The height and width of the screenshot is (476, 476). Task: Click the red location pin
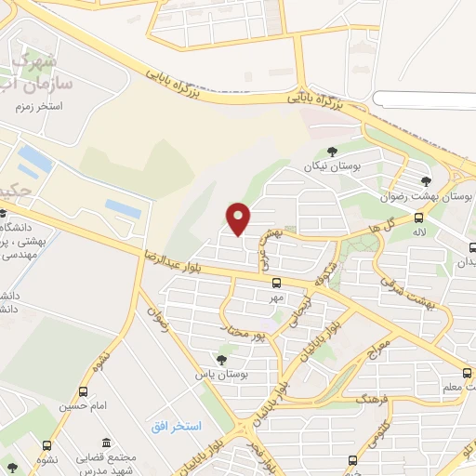click(x=239, y=218)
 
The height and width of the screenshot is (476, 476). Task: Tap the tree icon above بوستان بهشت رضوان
click(x=426, y=181)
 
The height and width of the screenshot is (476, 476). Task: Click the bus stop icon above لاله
click(x=419, y=218)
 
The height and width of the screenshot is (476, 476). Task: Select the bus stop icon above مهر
click(x=276, y=283)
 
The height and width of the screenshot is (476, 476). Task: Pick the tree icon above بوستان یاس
click(x=221, y=359)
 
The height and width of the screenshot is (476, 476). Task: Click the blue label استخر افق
click(x=177, y=425)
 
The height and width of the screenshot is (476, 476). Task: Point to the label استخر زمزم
click(x=38, y=107)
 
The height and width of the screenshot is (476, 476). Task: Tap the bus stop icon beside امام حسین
click(x=84, y=391)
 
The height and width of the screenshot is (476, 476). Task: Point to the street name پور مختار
click(x=247, y=328)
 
